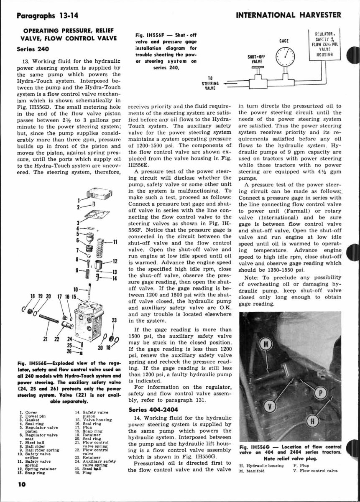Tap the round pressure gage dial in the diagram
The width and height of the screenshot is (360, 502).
[x=286, y=57]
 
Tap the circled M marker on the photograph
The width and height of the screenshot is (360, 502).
[x=266, y=344]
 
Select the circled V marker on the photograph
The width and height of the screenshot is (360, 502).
[x=270, y=406]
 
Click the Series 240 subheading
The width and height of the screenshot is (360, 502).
[x=28, y=48]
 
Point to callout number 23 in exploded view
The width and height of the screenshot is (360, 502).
[x=113, y=320]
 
